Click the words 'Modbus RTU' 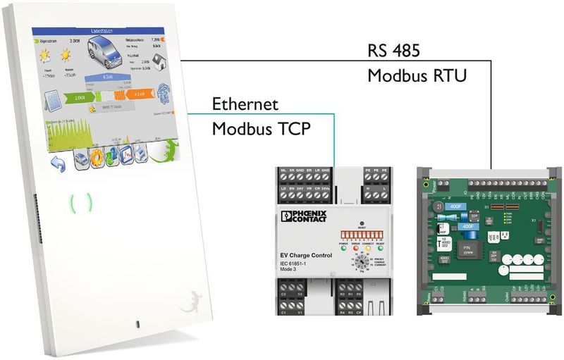[x=417, y=75]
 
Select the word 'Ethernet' [x=245, y=105]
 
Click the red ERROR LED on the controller [x=354, y=248]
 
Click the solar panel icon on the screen [x=50, y=101]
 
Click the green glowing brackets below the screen [x=81, y=204]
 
